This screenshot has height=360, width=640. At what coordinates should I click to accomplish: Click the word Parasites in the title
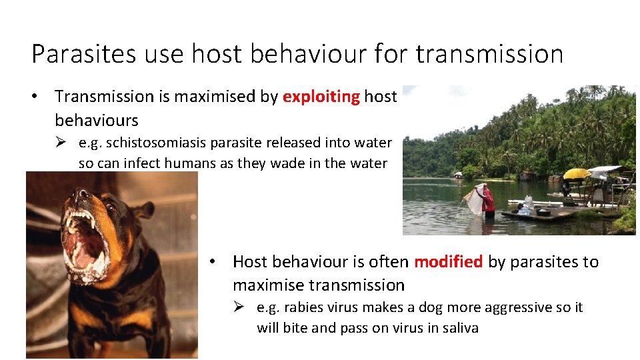(x=73, y=53)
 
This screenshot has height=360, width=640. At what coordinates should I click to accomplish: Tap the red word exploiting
(x=321, y=97)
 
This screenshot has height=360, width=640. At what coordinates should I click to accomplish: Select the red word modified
(x=448, y=262)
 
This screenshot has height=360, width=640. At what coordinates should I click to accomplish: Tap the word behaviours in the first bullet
(x=96, y=121)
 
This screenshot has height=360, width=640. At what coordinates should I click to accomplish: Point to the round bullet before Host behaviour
(x=211, y=262)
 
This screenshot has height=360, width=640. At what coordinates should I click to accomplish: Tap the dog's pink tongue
(x=81, y=247)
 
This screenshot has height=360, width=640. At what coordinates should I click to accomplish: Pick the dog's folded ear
(x=141, y=212)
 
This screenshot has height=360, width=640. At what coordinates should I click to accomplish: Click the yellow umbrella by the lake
(x=577, y=174)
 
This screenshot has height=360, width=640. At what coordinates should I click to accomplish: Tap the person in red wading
(x=489, y=201)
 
